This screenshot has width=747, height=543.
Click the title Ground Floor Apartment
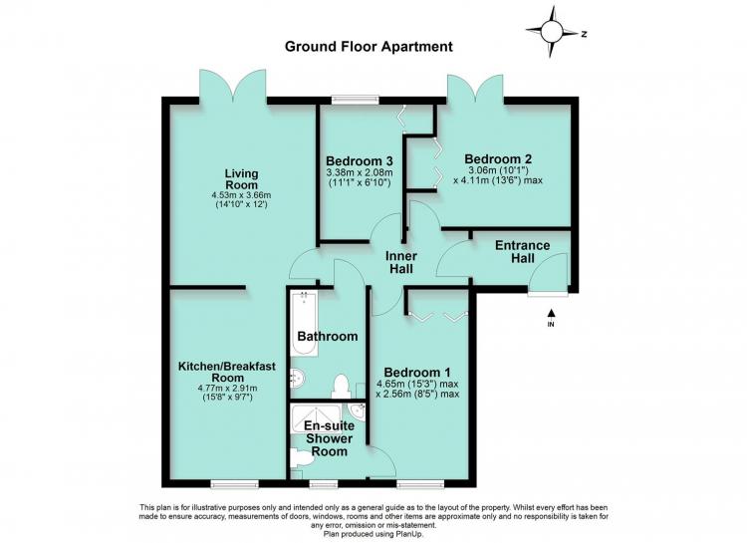(369, 47)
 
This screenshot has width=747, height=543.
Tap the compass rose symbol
(552, 32)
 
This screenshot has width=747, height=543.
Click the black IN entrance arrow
(551, 313)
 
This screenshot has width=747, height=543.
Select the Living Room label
(242, 179)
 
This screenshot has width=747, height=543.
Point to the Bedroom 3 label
(360, 160)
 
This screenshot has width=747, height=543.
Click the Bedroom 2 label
(498, 158)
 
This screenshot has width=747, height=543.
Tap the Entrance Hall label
(523, 252)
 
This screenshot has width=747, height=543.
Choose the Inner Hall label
(401, 262)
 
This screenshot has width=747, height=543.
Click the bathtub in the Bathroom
(305, 324)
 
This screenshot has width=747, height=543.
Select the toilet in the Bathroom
(341, 387)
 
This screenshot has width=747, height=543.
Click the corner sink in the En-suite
(357, 410)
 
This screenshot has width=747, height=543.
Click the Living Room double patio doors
(232, 86)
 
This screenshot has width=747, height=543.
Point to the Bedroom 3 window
(356, 100)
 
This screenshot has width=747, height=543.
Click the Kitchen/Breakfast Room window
(235, 484)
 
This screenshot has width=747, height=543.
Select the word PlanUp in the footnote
(410, 535)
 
